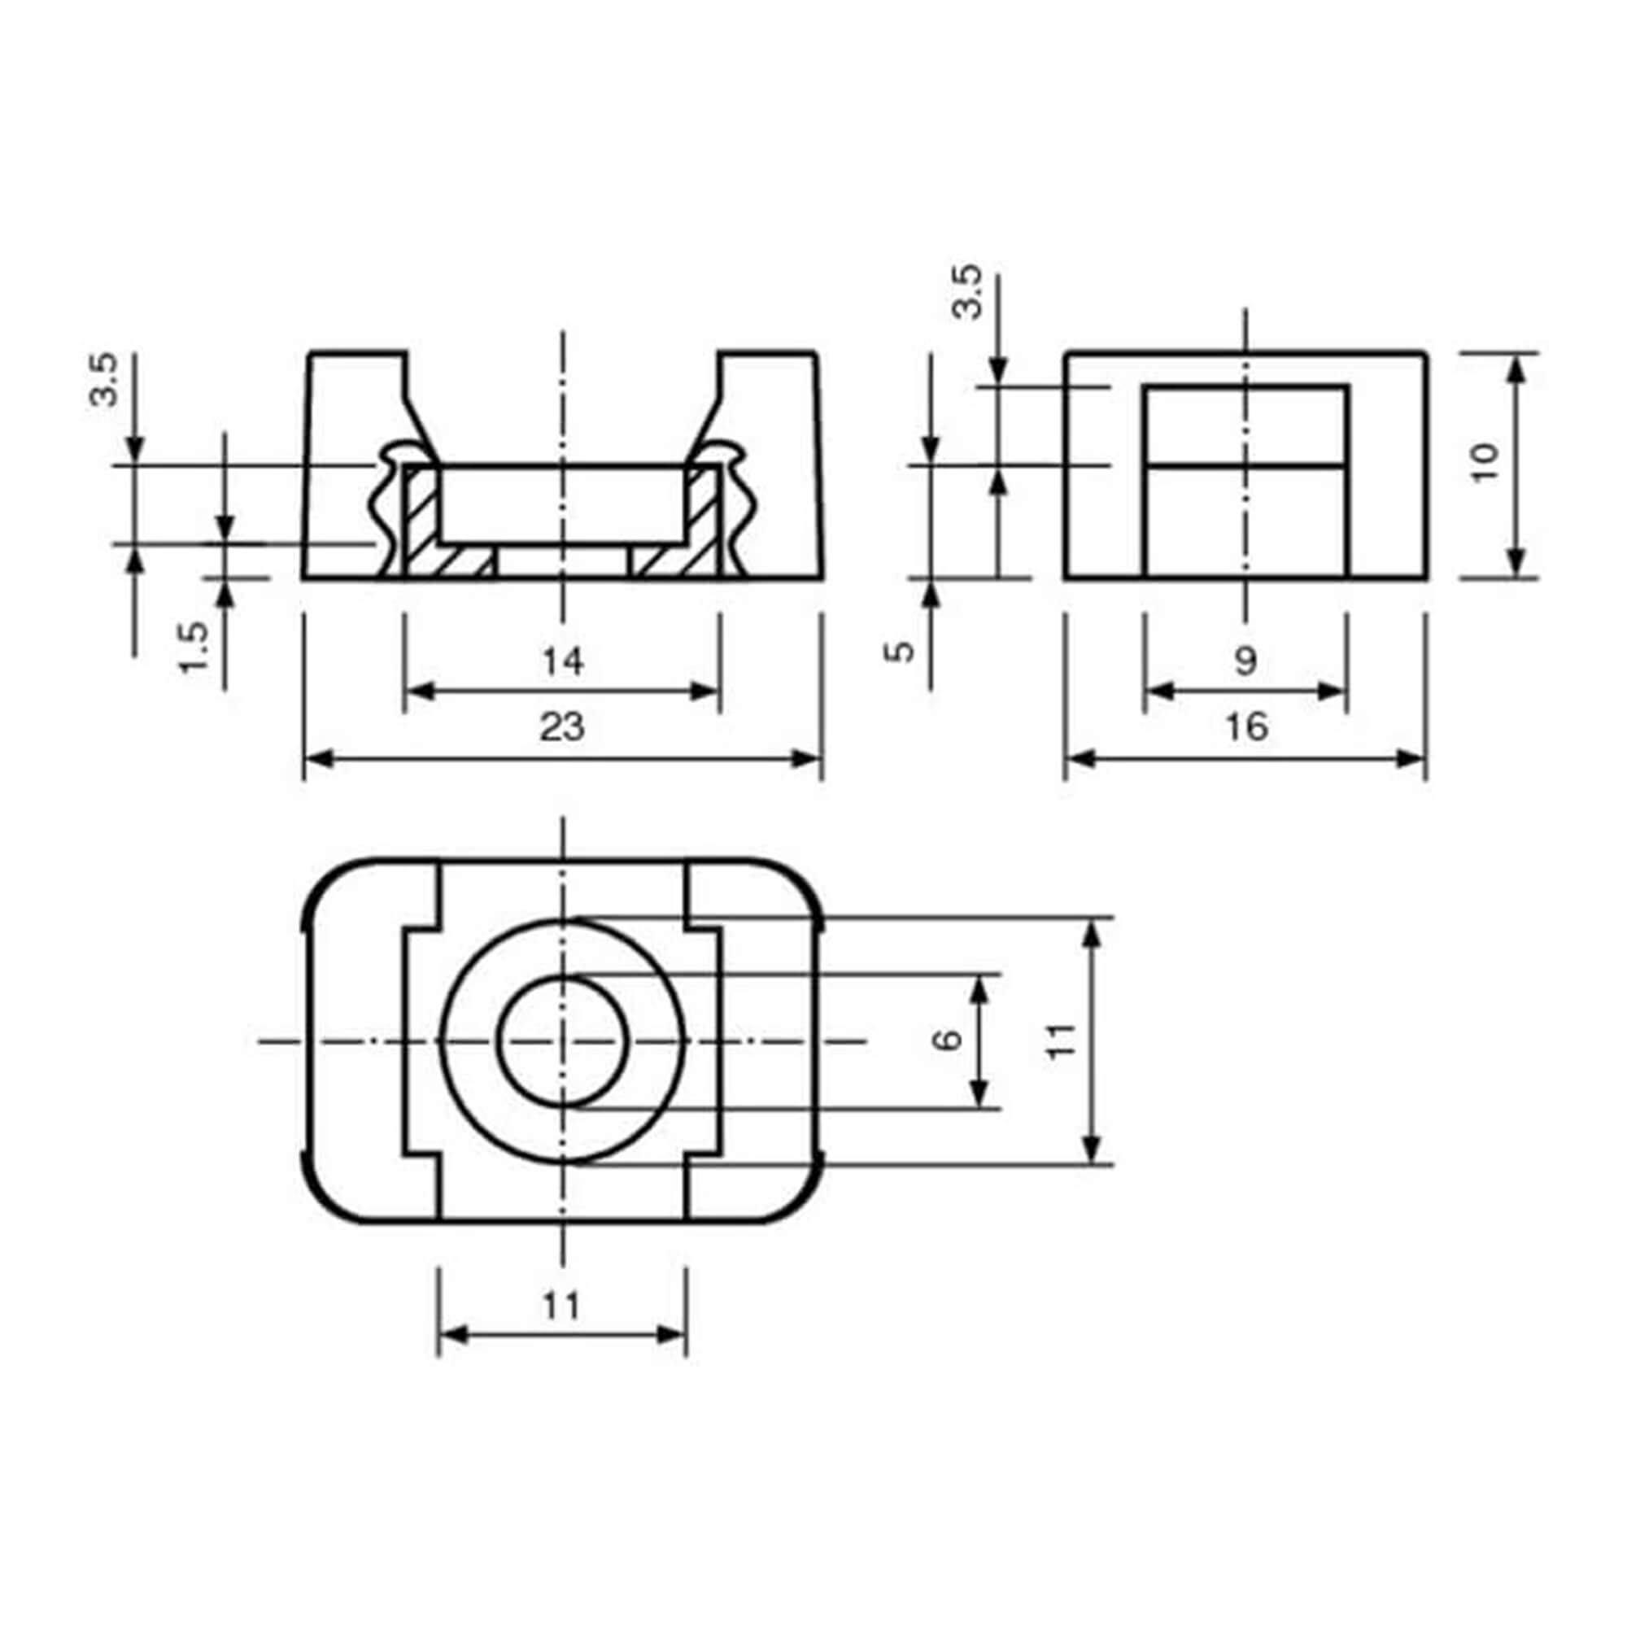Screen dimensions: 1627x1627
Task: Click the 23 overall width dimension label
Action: point(561,726)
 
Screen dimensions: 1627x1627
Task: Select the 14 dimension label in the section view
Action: point(561,661)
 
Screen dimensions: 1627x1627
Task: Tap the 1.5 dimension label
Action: point(194,647)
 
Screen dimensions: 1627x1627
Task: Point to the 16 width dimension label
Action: point(1246,726)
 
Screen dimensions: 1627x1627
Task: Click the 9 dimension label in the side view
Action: point(1245,661)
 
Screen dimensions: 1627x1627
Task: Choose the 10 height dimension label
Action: point(1485,461)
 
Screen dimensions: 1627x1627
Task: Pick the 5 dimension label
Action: point(901,651)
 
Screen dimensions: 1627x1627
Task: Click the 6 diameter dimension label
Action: point(949,1040)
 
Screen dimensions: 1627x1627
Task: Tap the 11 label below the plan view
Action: point(561,1306)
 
